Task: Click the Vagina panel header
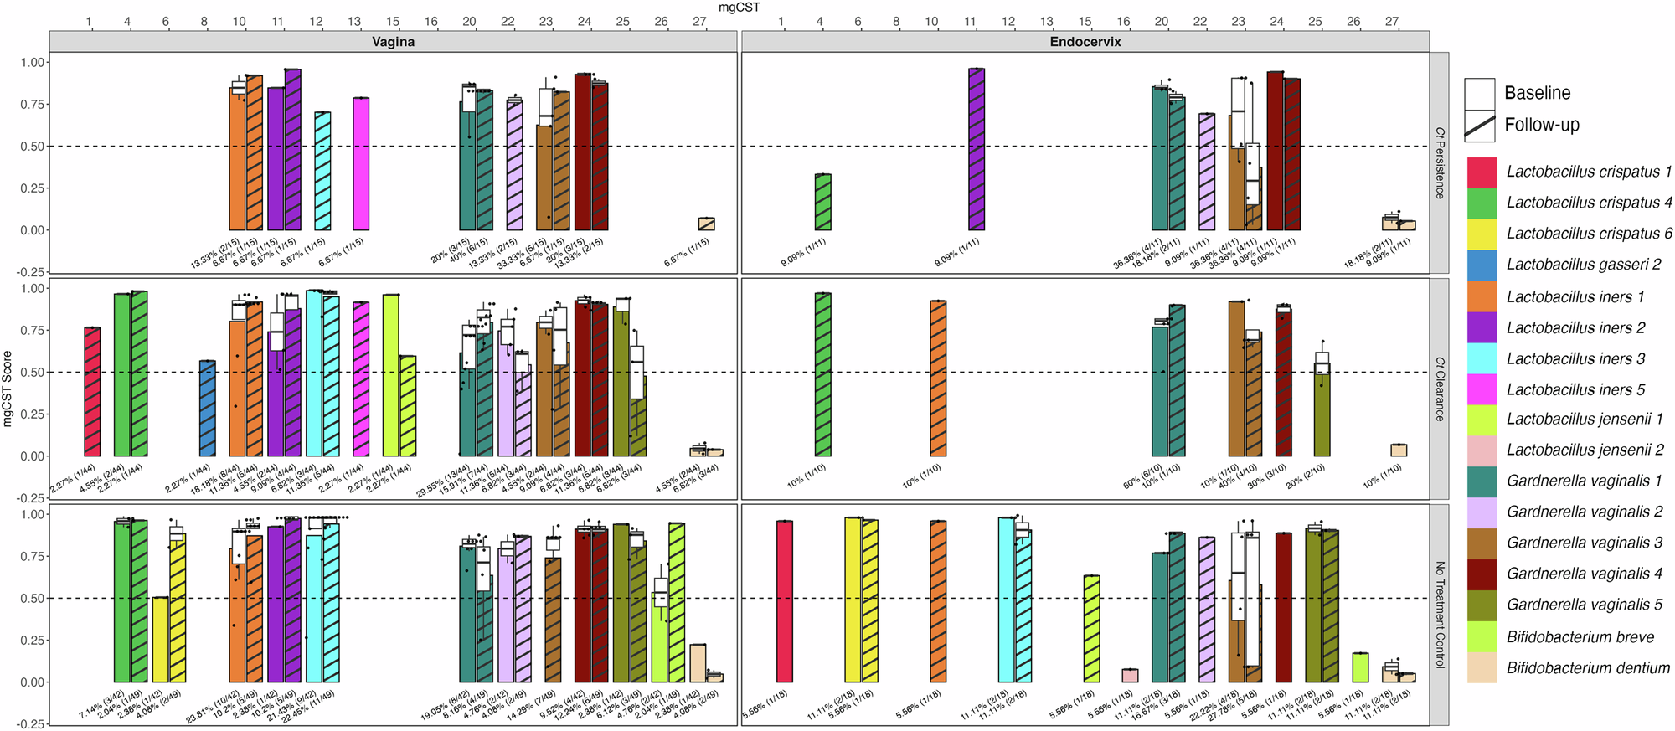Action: (x=393, y=41)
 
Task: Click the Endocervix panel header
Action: (x=1085, y=41)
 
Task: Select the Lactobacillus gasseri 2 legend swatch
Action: (x=1482, y=265)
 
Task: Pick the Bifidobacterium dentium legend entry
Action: (x=1588, y=667)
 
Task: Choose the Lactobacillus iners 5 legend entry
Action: (x=1575, y=389)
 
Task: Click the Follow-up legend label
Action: (x=1541, y=125)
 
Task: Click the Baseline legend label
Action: (x=1537, y=93)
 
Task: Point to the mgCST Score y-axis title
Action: (x=8, y=389)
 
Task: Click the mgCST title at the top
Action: (x=739, y=8)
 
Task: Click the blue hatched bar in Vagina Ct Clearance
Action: (x=208, y=409)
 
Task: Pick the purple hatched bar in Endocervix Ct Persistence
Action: (x=977, y=149)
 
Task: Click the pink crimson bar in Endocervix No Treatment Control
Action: (x=784, y=601)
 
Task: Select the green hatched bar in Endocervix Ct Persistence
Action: (x=823, y=202)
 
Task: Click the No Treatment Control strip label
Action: (x=1440, y=615)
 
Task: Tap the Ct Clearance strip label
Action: (x=1440, y=389)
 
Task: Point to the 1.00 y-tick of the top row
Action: (x=33, y=63)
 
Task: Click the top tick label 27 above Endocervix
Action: (x=1391, y=22)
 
